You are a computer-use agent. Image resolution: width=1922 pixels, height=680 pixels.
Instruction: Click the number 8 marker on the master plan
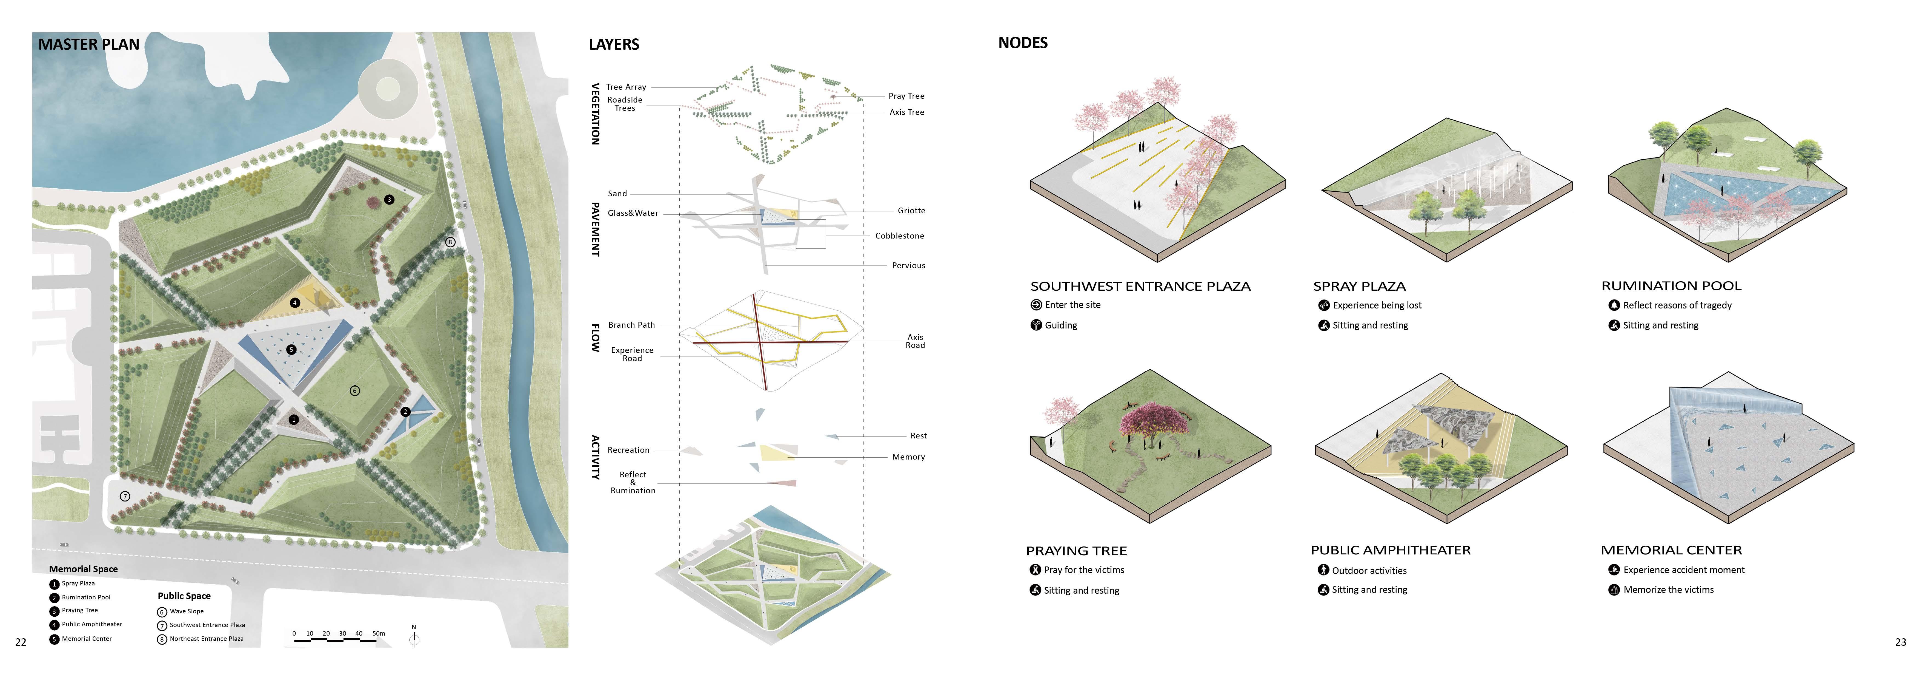pyautogui.click(x=450, y=242)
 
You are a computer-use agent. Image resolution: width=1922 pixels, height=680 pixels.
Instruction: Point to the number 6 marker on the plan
pyautogui.click(x=354, y=390)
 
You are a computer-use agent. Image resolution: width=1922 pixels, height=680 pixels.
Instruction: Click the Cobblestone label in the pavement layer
pyautogui.click(x=899, y=236)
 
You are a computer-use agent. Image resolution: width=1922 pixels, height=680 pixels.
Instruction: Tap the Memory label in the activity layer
pyautogui.click(x=908, y=457)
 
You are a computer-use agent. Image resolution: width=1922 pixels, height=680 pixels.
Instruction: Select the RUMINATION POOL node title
pyautogui.click(x=1671, y=286)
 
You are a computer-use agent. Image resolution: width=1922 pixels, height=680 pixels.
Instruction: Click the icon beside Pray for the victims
pyautogui.click(x=1035, y=569)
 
